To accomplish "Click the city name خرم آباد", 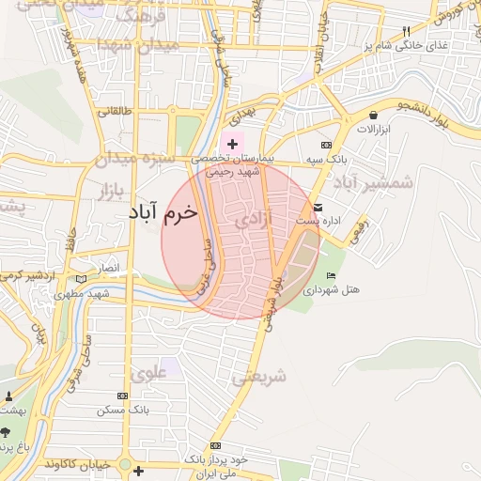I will (164, 213).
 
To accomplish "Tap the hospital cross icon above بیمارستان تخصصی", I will (232, 144).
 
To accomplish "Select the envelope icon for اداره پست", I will (318, 208).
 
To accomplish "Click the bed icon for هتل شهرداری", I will (330, 274).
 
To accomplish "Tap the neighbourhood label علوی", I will (150, 374).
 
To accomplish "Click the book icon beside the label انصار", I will (82, 278).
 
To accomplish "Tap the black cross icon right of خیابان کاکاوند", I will (139, 469).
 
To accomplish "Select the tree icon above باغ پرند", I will (6, 433).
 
